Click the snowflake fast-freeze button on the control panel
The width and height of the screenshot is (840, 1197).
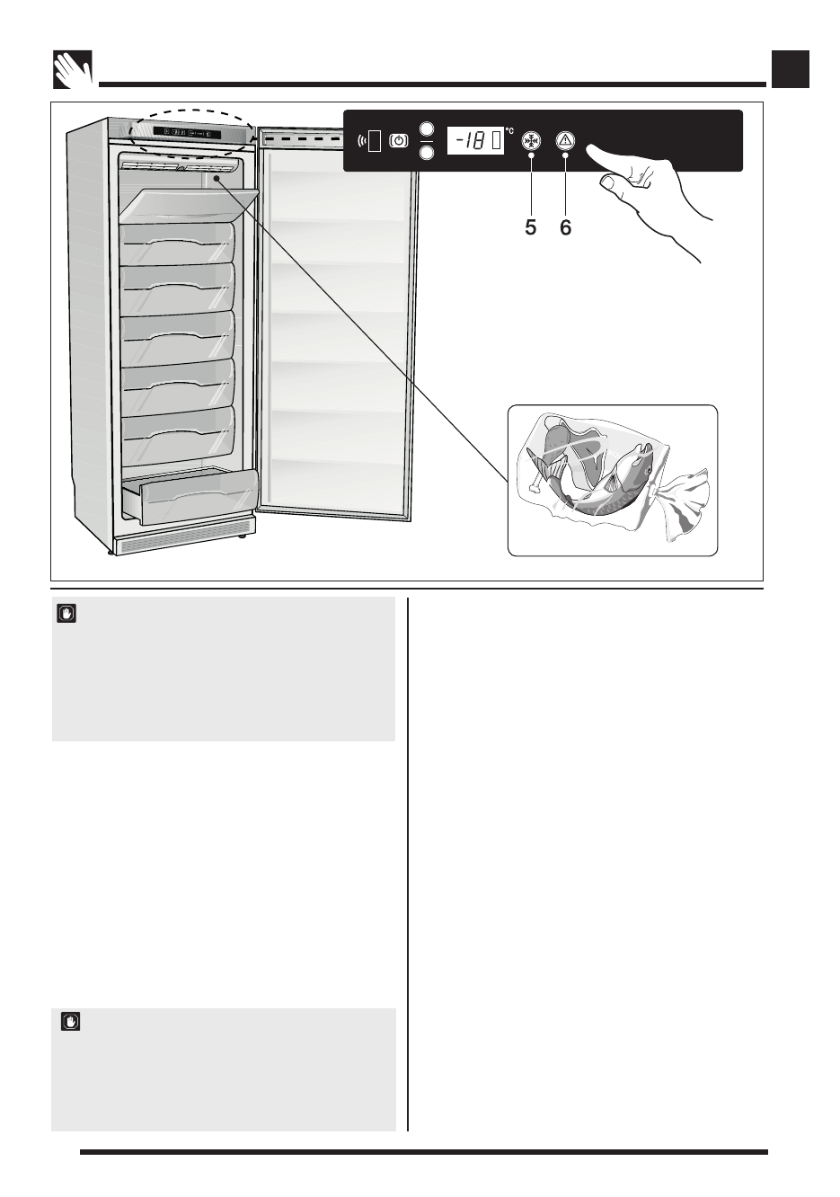(531, 141)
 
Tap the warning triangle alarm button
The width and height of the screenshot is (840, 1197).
(565, 141)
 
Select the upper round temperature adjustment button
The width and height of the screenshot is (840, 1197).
(427, 129)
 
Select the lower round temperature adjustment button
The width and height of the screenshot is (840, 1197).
(427, 153)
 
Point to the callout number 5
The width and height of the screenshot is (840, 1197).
(531, 227)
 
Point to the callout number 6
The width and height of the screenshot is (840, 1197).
(565, 227)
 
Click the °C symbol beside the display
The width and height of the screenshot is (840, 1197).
(509, 131)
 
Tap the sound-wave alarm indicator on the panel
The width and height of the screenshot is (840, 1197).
(362, 141)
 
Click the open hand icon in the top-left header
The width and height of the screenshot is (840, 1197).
(73, 69)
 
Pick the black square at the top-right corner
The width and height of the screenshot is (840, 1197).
(791, 69)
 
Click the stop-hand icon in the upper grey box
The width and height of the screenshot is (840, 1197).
(66, 614)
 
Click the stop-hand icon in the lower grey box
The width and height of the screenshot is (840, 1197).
(71, 1021)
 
